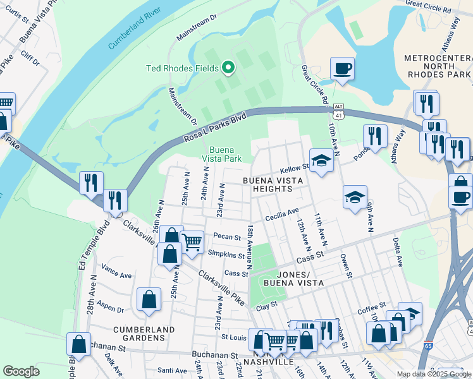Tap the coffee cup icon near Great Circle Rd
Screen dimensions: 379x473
tap(342, 68)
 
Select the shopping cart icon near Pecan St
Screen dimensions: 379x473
tap(192, 241)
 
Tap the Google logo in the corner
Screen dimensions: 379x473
tap(21, 371)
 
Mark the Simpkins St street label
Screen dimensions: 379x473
tap(226, 255)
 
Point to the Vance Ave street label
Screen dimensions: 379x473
tap(116, 276)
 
